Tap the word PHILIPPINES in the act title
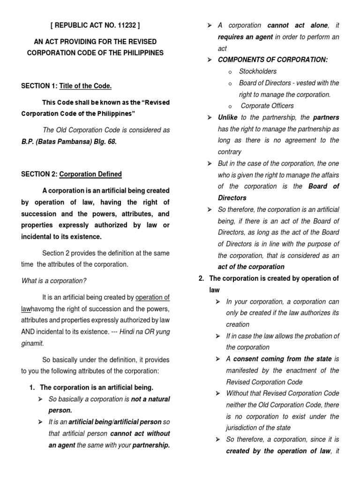coord(142,53)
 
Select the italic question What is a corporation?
coord(54,281)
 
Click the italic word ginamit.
coord(33,343)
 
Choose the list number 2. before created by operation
coord(201,278)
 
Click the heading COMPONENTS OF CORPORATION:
coord(273,60)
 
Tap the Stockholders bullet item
coord(258,71)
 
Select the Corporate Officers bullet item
coord(267,106)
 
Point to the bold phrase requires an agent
coord(245,37)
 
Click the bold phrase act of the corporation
coord(251,267)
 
